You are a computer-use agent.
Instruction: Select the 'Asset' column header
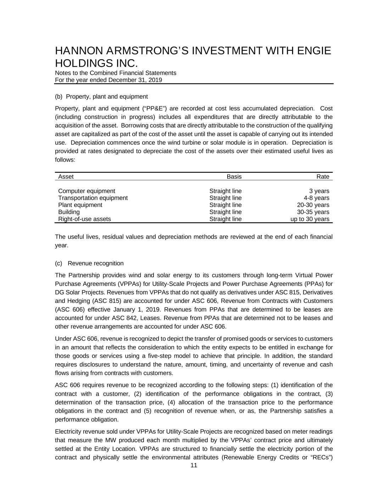[66, 177]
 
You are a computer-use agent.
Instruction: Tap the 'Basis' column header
[234, 177]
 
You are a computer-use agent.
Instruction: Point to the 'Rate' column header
[323, 177]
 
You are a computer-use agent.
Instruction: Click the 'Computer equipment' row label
[86, 191]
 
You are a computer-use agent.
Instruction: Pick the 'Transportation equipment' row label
[93, 198]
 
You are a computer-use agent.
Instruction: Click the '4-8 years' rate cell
[316, 198]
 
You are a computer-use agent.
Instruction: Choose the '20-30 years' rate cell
[313, 205]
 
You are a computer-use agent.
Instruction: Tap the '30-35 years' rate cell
[313, 212]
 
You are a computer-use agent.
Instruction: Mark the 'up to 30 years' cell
[310, 219]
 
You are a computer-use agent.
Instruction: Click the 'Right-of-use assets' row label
[84, 219]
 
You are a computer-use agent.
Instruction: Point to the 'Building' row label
[69, 212]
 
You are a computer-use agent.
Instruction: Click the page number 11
[194, 466]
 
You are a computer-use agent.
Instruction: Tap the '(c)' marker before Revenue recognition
[58, 263]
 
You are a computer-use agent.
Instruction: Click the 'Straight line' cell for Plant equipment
[225, 205]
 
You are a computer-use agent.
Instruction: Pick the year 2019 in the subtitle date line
[155, 80]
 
